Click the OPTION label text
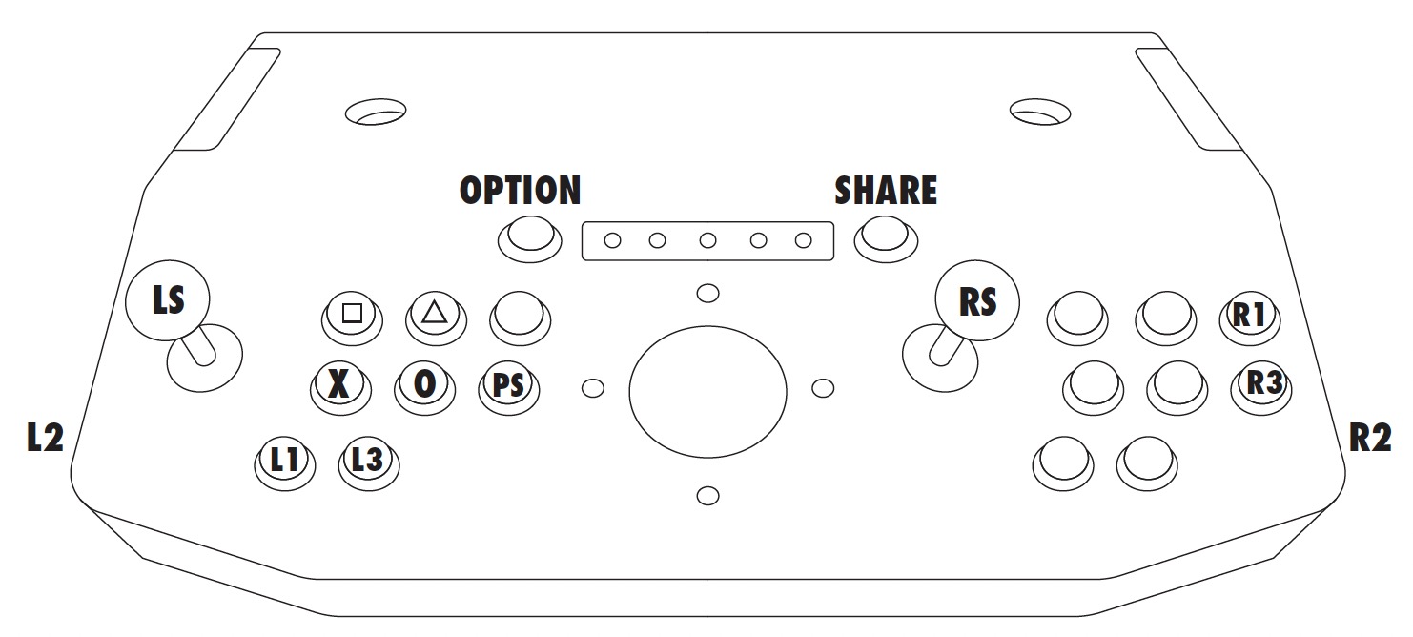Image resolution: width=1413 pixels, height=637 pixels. [520, 191]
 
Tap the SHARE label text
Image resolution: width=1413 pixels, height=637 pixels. [886, 191]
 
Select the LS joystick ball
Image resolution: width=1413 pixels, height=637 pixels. [168, 300]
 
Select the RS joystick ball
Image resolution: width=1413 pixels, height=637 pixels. [976, 301]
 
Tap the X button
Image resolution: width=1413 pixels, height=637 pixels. [338, 383]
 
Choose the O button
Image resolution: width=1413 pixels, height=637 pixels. [423, 383]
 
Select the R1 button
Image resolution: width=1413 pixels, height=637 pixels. [1248, 315]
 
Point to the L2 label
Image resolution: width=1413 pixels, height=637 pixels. [45, 438]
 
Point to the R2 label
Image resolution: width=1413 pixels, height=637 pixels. [1371, 438]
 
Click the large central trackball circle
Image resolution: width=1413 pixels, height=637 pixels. [707, 390]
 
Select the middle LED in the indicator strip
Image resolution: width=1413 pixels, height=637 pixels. [707, 240]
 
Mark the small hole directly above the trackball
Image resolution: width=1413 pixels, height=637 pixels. [707, 292]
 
